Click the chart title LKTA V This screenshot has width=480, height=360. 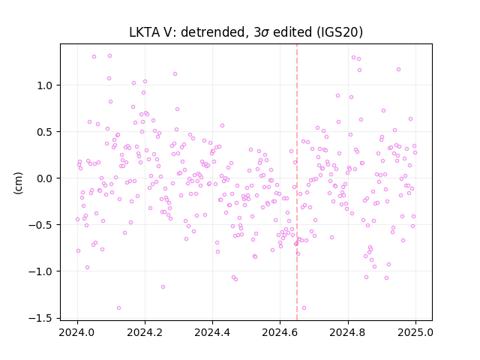(x=150, y=32)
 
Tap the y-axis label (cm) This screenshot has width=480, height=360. (x=18, y=183)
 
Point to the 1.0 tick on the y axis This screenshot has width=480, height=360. (x=44, y=85)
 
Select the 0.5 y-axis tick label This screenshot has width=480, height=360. (x=44, y=132)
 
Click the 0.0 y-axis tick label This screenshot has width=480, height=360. (x=44, y=178)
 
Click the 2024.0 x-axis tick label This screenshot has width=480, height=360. (x=76, y=332)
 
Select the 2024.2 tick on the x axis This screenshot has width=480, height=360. (x=145, y=332)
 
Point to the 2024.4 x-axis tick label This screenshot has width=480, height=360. (x=212, y=332)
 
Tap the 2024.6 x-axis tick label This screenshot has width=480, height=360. (x=280, y=332)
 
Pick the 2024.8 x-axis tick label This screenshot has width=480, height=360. (x=347, y=332)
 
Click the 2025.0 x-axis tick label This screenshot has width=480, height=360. (x=415, y=332)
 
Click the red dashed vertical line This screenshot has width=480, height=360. (x=297, y=182)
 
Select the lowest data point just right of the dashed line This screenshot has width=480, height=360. (x=304, y=308)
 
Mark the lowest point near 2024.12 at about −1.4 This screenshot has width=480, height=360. (x=118, y=308)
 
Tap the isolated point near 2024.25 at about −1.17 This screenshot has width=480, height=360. (x=163, y=286)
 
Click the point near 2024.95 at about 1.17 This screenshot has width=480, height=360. (x=398, y=70)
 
